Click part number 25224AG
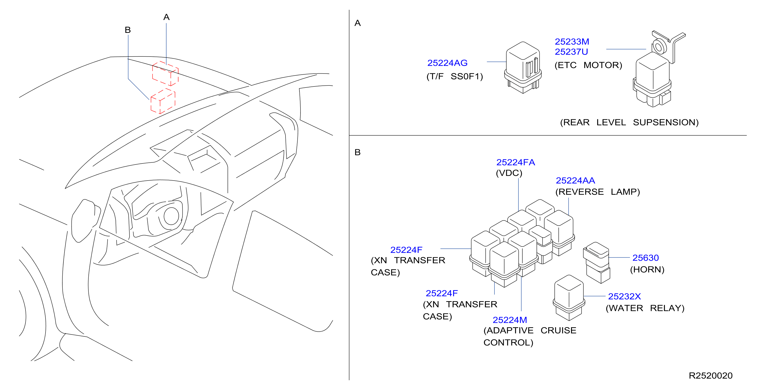coord(447,63)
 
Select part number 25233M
coord(572,42)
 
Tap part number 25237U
coord(571,52)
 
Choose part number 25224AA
coord(575,180)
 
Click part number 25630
coord(645,258)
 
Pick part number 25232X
coord(624,296)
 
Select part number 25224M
coord(510,320)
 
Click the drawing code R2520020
coord(710,376)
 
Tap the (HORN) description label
coord(647,269)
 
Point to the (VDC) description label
coord(509,173)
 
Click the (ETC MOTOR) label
coord(588,65)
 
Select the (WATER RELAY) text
coord(645,308)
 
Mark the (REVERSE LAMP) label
coord(597,192)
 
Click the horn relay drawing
coord(597,262)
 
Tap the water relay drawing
coord(569,297)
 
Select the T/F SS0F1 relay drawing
coord(523,68)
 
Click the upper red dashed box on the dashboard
coord(165,73)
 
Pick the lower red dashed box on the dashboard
coord(163,101)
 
